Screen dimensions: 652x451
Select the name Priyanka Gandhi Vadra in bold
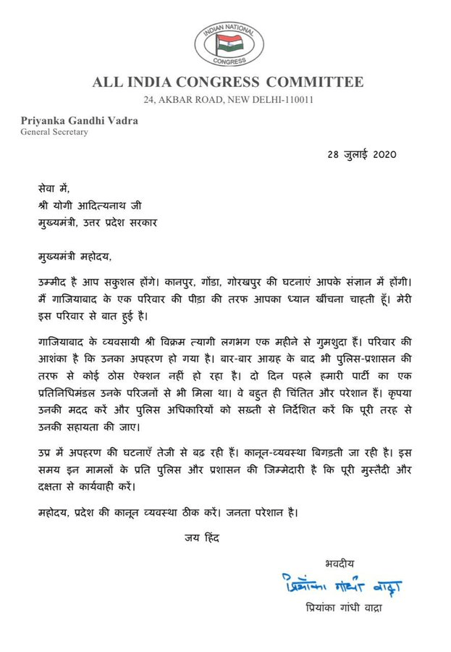click(x=75, y=122)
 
